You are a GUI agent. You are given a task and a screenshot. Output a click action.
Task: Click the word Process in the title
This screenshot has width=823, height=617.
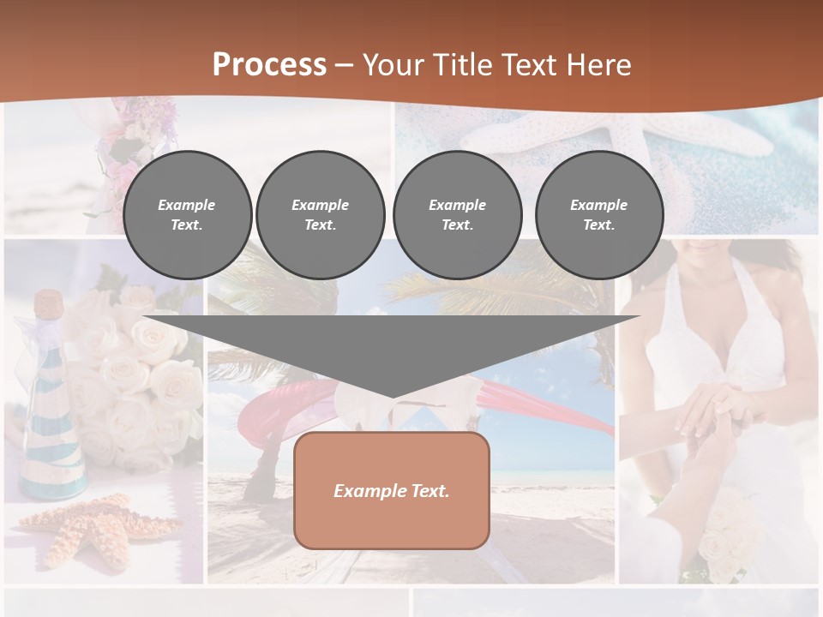pyautogui.click(x=269, y=65)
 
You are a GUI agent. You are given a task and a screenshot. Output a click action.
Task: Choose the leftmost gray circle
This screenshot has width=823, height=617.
pyautogui.click(x=187, y=215)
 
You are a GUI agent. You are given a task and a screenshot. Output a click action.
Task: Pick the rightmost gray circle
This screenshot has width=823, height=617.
pyautogui.click(x=598, y=215)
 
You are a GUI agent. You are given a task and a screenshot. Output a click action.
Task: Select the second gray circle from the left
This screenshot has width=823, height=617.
pyautogui.click(x=320, y=215)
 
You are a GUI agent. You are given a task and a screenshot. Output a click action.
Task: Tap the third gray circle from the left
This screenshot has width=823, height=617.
pyautogui.click(x=457, y=215)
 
